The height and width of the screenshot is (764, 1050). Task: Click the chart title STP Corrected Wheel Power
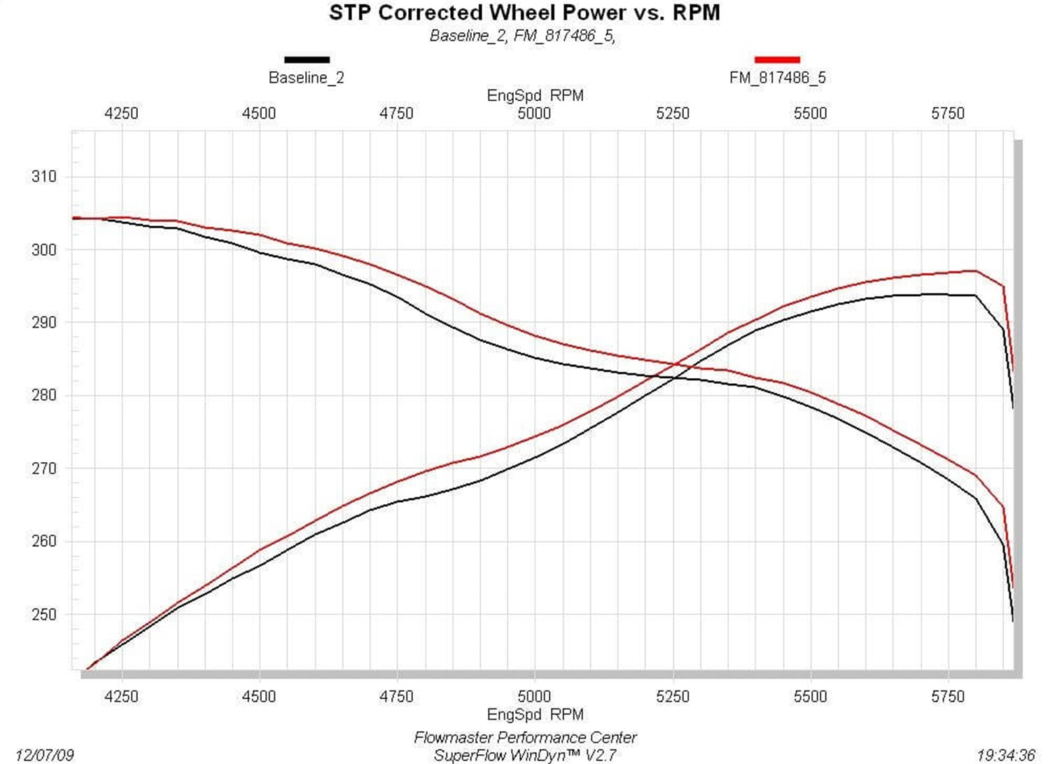[x=524, y=13]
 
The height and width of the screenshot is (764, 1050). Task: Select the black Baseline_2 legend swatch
[x=307, y=60]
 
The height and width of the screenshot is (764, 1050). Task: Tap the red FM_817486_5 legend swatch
[x=777, y=60]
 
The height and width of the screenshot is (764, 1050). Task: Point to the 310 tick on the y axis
[x=44, y=176]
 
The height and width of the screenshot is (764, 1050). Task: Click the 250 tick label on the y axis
[x=44, y=614]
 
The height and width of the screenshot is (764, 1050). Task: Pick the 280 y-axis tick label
[x=44, y=395]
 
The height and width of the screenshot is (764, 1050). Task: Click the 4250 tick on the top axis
[x=121, y=113]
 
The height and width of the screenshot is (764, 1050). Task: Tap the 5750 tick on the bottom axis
[x=948, y=696]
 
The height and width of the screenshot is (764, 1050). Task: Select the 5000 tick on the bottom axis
[x=534, y=696]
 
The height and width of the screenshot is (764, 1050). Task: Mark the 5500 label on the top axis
[x=810, y=113]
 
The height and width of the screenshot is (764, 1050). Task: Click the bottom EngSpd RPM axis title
[x=535, y=714]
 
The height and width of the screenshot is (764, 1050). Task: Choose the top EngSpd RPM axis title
[x=535, y=96]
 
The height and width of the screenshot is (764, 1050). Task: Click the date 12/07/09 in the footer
[x=44, y=755]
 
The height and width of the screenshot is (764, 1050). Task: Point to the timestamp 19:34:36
[x=1005, y=755]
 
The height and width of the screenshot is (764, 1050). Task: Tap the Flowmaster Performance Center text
[x=525, y=737]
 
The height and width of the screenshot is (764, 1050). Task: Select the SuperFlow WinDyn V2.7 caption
[x=525, y=755]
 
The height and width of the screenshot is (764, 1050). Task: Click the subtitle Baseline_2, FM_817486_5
[x=522, y=36]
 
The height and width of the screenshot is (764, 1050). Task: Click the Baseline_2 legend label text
[x=307, y=78]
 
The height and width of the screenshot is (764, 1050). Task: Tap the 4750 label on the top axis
[x=396, y=113]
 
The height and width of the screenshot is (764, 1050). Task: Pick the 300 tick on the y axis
[x=44, y=249]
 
